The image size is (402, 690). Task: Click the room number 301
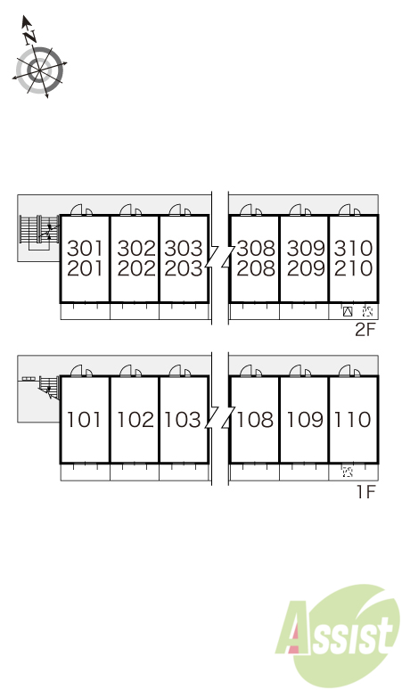(85, 248)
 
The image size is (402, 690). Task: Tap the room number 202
(136, 268)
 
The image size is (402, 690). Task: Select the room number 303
(184, 248)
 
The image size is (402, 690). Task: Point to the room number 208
(256, 268)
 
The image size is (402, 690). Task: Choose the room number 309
(306, 248)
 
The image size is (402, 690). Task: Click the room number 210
(353, 268)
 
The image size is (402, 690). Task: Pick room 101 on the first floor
(84, 419)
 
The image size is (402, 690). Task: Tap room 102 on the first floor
(135, 419)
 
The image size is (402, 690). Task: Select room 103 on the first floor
(182, 419)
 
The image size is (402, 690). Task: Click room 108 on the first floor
(255, 419)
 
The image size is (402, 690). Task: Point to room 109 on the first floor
(305, 419)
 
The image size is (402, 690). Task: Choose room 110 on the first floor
(352, 419)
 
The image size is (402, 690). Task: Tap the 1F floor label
(366, 491)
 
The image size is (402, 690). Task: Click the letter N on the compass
(29, 37)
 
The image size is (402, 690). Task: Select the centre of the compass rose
(39, 70)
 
